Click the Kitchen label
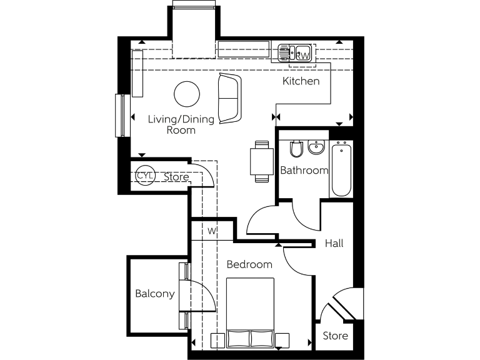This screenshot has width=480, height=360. coord(301,81)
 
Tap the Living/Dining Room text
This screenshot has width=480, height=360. coord(181,125)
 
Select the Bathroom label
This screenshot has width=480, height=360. coord(304,170)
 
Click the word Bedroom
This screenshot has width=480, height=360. coord(249,264)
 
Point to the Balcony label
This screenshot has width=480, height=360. coord(154,294)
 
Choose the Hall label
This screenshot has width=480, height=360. coord(334,243)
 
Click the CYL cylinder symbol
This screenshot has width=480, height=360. coord(144,176)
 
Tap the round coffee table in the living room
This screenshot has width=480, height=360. coord(186,94)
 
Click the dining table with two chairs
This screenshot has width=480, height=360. coord(261,161)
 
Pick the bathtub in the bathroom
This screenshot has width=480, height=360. coord(341,169)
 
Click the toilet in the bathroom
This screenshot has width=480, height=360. coord(297,149)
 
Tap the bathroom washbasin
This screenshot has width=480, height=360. coord(317,147)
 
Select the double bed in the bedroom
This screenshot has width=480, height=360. coord(250,312)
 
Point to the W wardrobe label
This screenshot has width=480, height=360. coord(212,231)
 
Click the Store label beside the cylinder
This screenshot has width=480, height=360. coord(176,177)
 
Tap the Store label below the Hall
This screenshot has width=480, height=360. coord(335,336)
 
